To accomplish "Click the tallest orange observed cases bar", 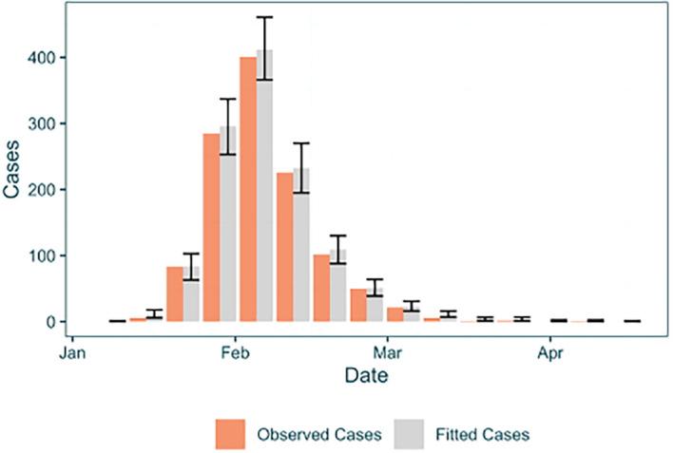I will (248, 190).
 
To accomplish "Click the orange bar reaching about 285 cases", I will (211, 228).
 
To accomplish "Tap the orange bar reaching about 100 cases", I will (321, 289).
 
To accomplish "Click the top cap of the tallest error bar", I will (265, 17).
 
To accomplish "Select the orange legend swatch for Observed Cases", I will (230, 433).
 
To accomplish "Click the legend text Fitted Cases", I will (482, 434).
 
